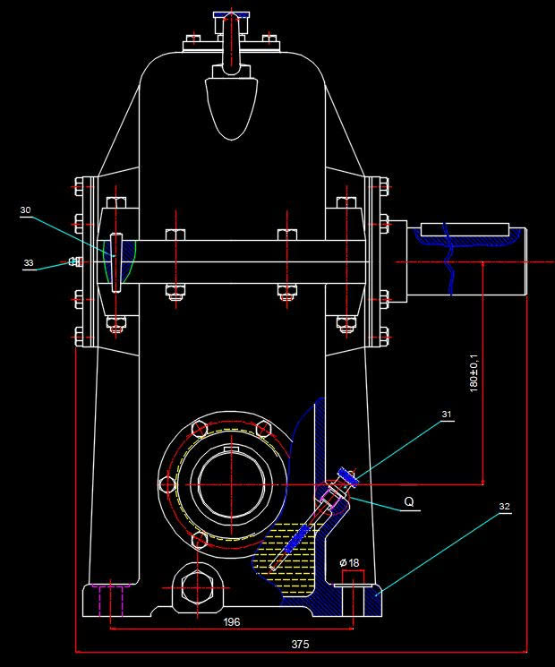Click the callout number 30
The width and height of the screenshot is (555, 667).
[x=25, y=210]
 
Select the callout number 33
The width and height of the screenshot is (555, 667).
[x=29, y=263]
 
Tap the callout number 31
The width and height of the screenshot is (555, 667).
[x=445, y=415]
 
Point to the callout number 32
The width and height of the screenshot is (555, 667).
[x=504, y=507]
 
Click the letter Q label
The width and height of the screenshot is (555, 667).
[x=408, y=501]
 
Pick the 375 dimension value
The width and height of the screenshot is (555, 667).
[x=301, y=644]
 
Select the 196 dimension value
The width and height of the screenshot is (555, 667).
[x=232, y=621]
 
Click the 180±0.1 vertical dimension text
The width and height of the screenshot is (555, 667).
[x=474, y=372]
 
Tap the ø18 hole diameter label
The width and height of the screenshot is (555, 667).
[x=349, y=562]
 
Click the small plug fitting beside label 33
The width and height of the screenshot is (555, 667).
[x=74, y=262]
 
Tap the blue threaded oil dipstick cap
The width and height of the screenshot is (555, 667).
[x=347, y=478]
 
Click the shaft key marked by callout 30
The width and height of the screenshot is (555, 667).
[x=116, y=261]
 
